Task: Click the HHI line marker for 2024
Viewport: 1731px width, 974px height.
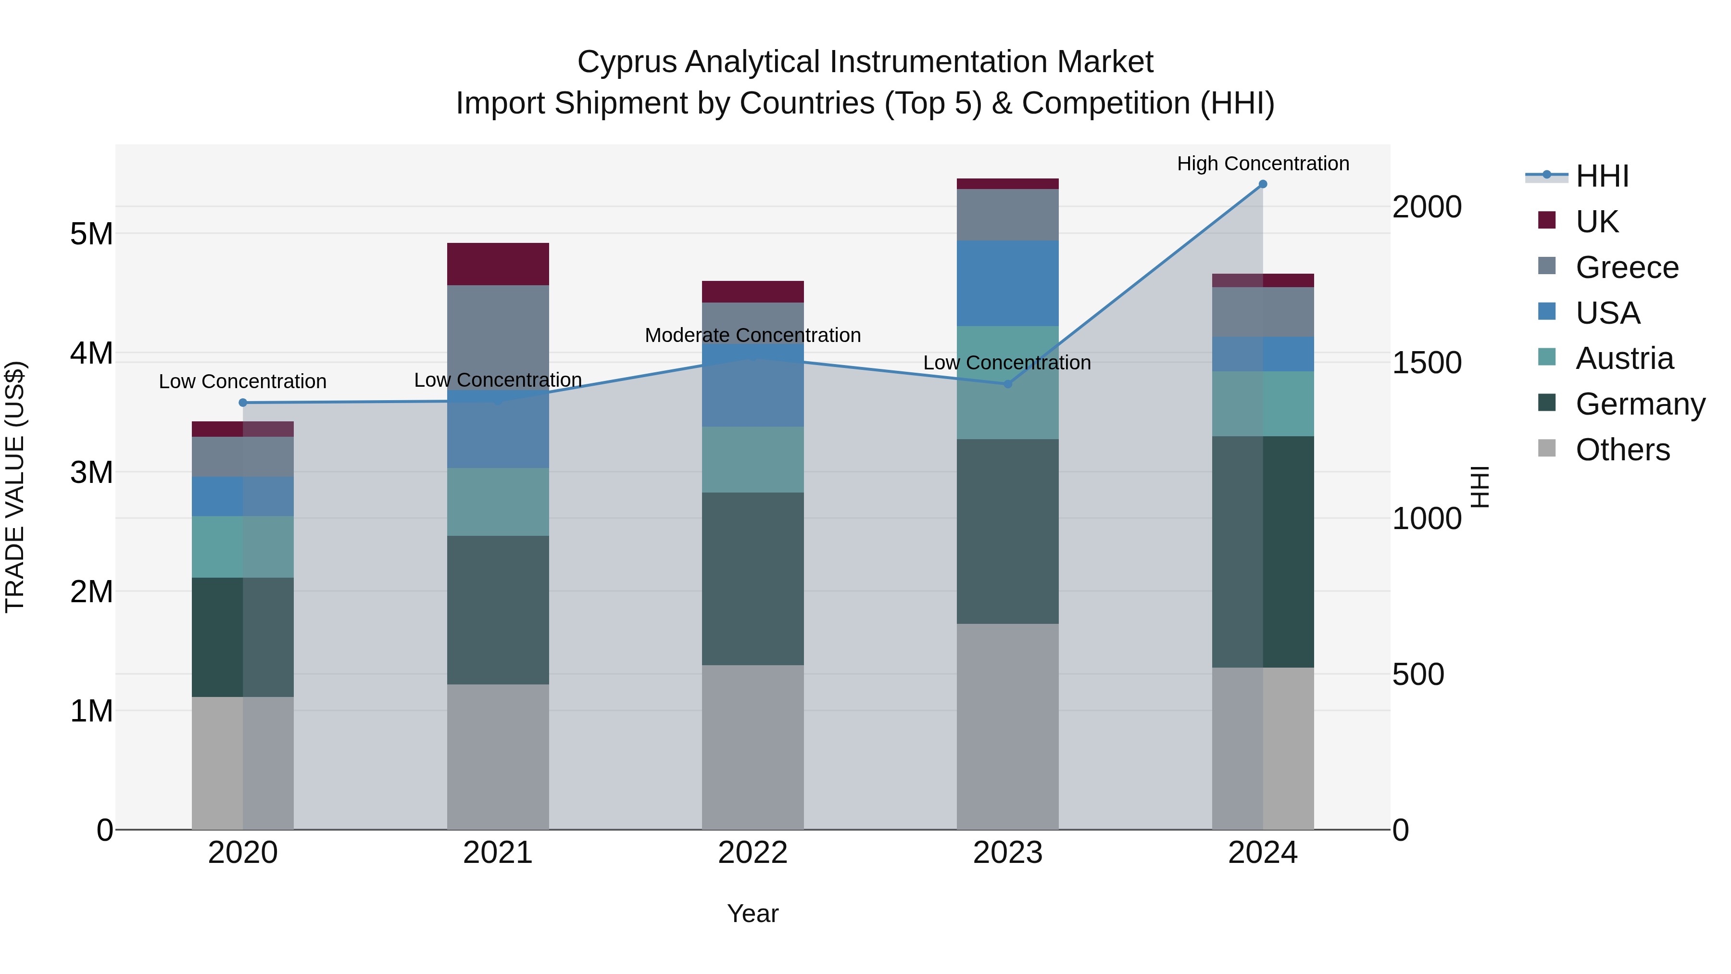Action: click(x=1263, y=184)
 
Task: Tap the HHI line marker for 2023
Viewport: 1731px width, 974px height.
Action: click(x=1007, y=384)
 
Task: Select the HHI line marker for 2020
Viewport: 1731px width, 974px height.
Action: click(x=243, y=403)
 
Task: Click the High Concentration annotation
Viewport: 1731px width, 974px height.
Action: click(x=1263, y=164)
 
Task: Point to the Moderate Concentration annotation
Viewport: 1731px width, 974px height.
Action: click(x=753, y=335)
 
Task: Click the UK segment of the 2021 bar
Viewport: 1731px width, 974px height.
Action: click(x=498, y=264)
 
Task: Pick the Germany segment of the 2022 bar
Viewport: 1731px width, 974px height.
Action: click(x=753, y=579)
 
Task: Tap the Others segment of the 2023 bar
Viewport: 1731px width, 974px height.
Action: click(x=1007, y=726)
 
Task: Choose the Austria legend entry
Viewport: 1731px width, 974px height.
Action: click(x=1624, y=358)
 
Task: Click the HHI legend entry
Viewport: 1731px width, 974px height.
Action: click(x=1602, y=176)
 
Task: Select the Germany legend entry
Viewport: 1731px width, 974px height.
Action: click(x=1640, y=404)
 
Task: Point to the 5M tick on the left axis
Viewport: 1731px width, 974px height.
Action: click(x=91, y=234)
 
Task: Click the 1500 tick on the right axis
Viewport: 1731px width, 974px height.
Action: click(x=1427, y=363)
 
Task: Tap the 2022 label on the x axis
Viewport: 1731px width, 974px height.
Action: click(x=753, y=853)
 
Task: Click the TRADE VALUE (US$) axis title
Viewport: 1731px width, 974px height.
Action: click(x=15, y=487)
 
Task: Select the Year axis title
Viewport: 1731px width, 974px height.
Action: click(x=753, y=913)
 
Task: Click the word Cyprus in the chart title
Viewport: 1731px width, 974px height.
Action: click(x=627, y=62)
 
